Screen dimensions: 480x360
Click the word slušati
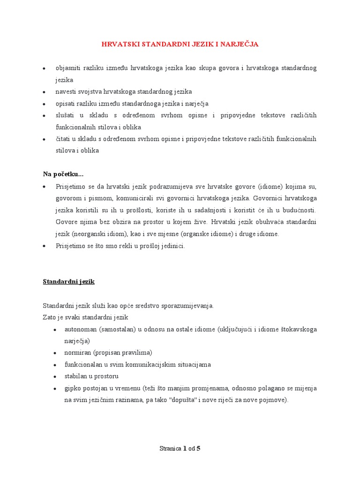(x=65, y=115)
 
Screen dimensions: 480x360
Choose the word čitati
(x=64, y=139)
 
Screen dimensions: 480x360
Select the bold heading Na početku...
(x=63, y=174)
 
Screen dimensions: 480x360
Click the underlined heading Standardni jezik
(x=69, y=282)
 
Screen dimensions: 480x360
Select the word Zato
(x=50, y=317)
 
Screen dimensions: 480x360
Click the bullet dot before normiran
(x=55, y=353)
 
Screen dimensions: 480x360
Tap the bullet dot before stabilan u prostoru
(x=55, y=376)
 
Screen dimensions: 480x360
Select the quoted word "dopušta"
(x=185, y=400)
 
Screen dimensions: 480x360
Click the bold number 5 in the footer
(x=199, y=448)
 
